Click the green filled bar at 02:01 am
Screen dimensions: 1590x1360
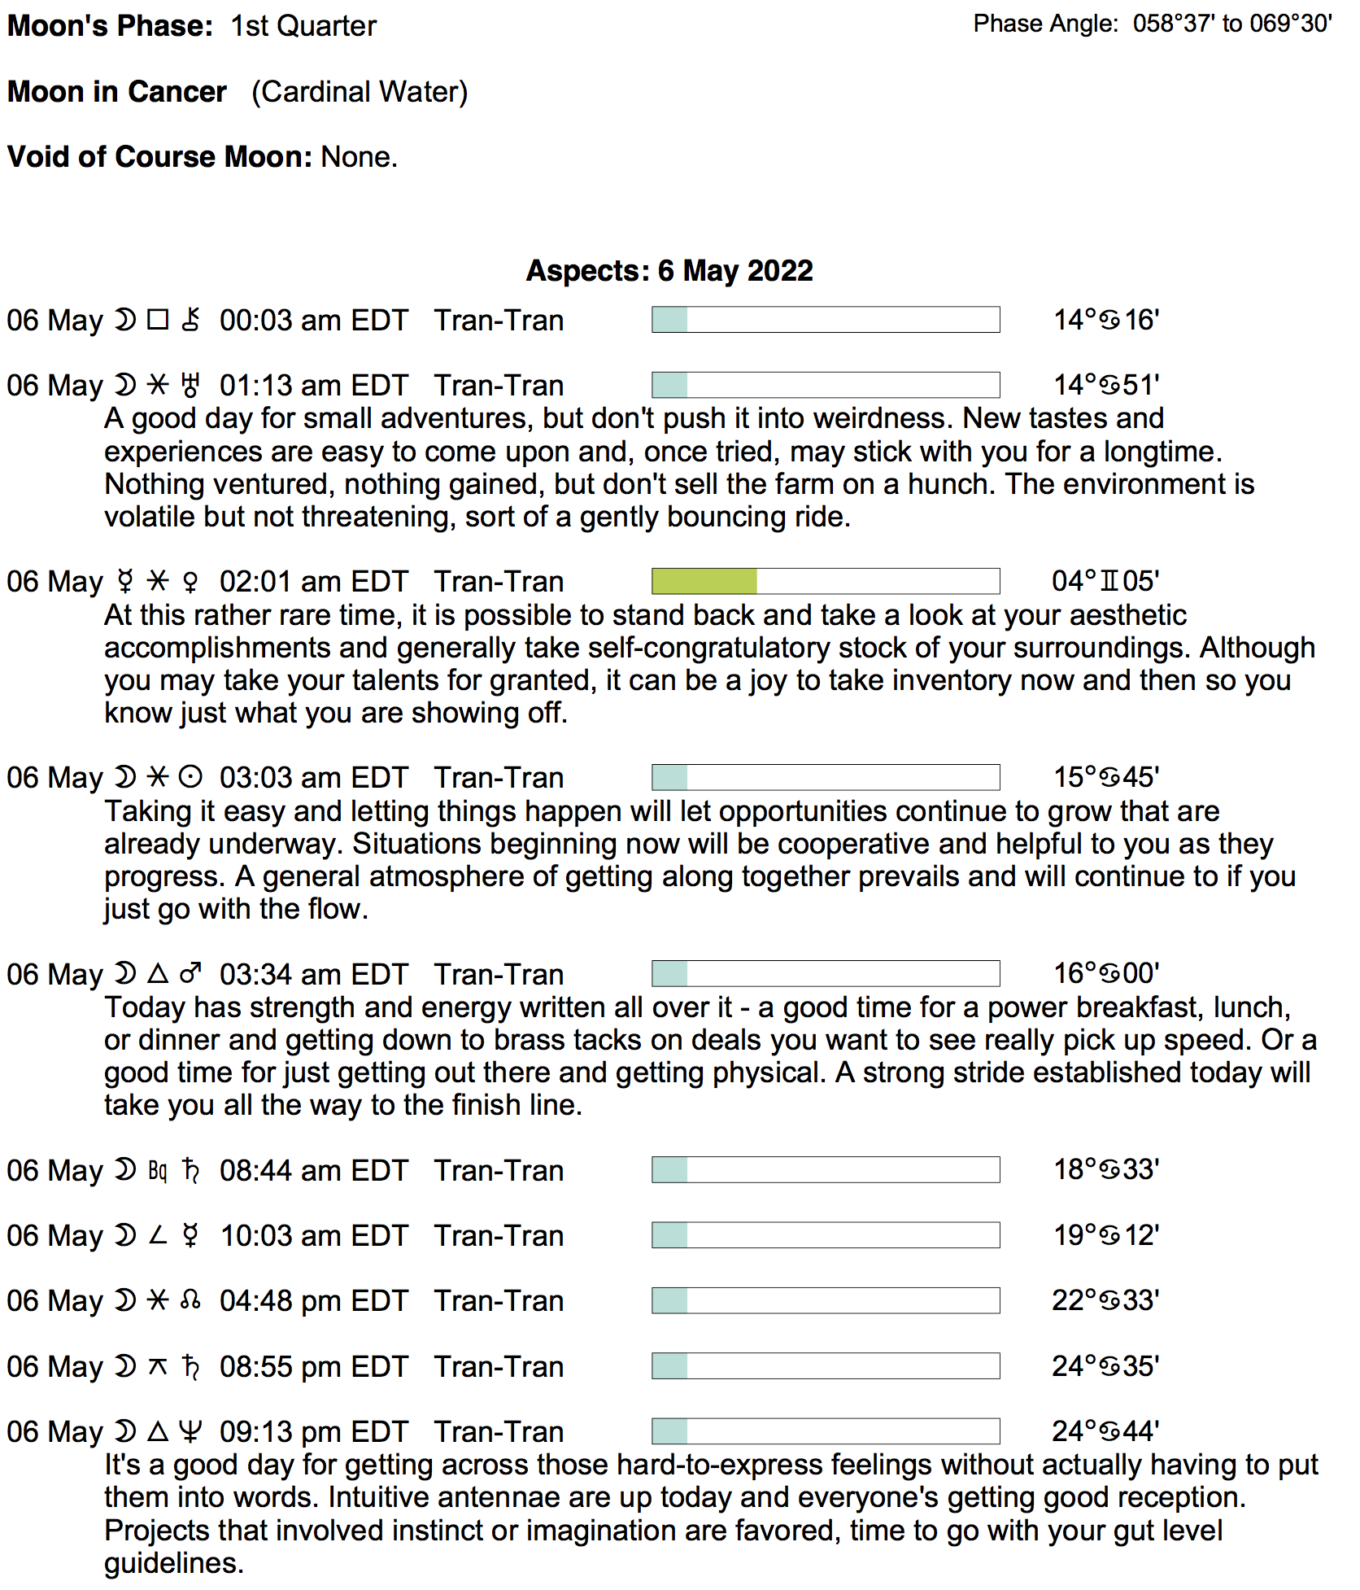(x=704, y=581)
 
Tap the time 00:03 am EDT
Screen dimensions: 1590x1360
(x=313, y=321)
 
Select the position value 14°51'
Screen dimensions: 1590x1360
(x=1106, y=385)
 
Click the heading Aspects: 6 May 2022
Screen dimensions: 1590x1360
(x=669, y=270)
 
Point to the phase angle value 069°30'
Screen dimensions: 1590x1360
(x=1291, y=24)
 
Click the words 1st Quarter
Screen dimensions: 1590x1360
(x=303, y=26)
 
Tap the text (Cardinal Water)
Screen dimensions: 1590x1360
(x=360, y=92)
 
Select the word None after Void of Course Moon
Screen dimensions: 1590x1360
(x=359, y=156)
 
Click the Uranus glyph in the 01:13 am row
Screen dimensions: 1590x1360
(x=190, y=385)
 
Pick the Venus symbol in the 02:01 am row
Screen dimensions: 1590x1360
(x=190, y=582)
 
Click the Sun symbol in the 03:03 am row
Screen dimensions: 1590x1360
(x=190, y=778)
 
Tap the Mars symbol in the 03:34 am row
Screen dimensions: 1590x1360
(x=190, y=974)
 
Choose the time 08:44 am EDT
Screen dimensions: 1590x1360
(x=313, y=1170)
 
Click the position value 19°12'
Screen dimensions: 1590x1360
(x=1106, y=1235)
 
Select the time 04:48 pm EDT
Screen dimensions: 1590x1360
(x=313, y=1300)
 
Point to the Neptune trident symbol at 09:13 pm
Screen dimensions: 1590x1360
(x=190, y=1431)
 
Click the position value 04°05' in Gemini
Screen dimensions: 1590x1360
(x=1105, y=581)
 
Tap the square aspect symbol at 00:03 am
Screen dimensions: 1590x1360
(x=158, y=320)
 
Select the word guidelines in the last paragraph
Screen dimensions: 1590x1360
(x=173, y=1562)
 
